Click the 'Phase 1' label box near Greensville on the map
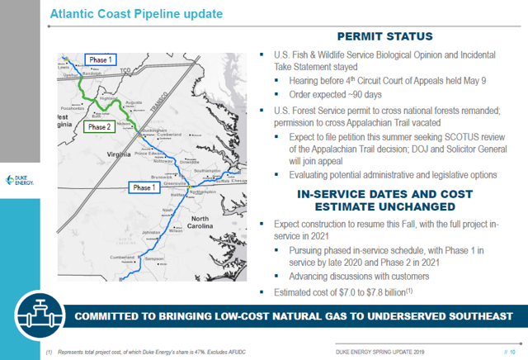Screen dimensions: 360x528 click(146, 187)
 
